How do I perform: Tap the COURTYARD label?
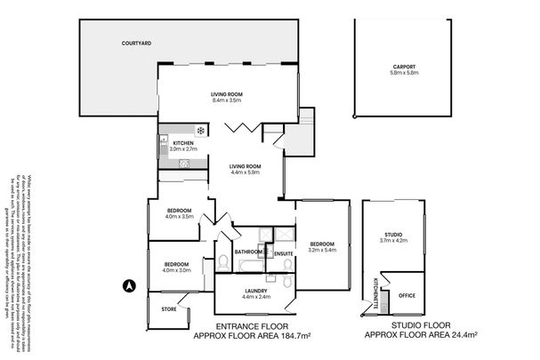click(x=136, y=42)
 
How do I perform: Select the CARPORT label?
click(x=405, y=67)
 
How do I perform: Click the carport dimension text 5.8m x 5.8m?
click(x=405, y=73)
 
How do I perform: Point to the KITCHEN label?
click(x=183, y=143)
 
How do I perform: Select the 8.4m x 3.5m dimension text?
click(x=227, y=100)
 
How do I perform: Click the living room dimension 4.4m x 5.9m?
click(x=245, y=172)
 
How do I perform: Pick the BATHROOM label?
click(x=247, y=252)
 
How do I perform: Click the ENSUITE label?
click(x=284, y=253)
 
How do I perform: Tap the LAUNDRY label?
click(x=256, y=291)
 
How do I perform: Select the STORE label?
click(x=169, y=309)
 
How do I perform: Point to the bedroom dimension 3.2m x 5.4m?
click(x=322, y=250)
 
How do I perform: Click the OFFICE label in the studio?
click(x=407, y=294)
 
